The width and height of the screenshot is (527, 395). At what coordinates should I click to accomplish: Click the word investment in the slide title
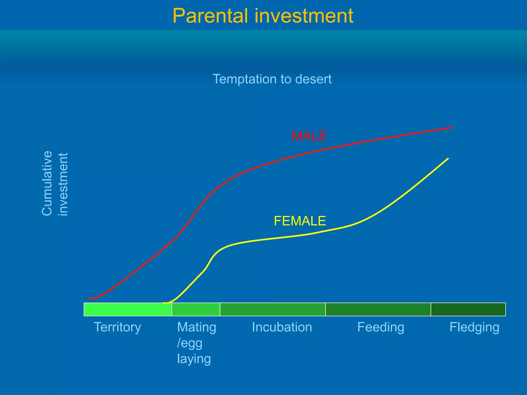(x=304, y=16)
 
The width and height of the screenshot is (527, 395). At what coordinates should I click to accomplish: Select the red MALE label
(x=309, y=136)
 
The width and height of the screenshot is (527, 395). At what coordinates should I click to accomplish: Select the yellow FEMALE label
(x=300, y=221)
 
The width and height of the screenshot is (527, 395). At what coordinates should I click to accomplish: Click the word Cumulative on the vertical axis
(x=47, y=183)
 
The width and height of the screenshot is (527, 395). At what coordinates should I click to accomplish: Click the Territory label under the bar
(x=117, y=327)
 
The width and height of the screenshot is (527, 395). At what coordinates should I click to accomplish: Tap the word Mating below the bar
(x=197, y=327)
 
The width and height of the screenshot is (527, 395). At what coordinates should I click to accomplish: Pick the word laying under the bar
(x=194, y=358)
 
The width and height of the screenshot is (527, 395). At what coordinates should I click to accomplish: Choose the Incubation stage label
(x=282, y=327)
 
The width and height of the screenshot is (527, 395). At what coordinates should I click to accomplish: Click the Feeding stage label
(x=381, y=327)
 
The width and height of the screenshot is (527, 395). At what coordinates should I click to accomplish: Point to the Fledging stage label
(x=474, y=327)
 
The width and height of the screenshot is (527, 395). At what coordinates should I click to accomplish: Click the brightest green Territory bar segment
(x=128, y=309)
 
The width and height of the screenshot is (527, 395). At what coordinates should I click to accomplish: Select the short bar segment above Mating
(x=196, y=309)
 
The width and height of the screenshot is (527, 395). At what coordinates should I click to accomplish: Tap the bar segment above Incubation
(x=273, y=309)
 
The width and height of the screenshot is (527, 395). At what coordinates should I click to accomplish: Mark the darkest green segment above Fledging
(x=468, y=309)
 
